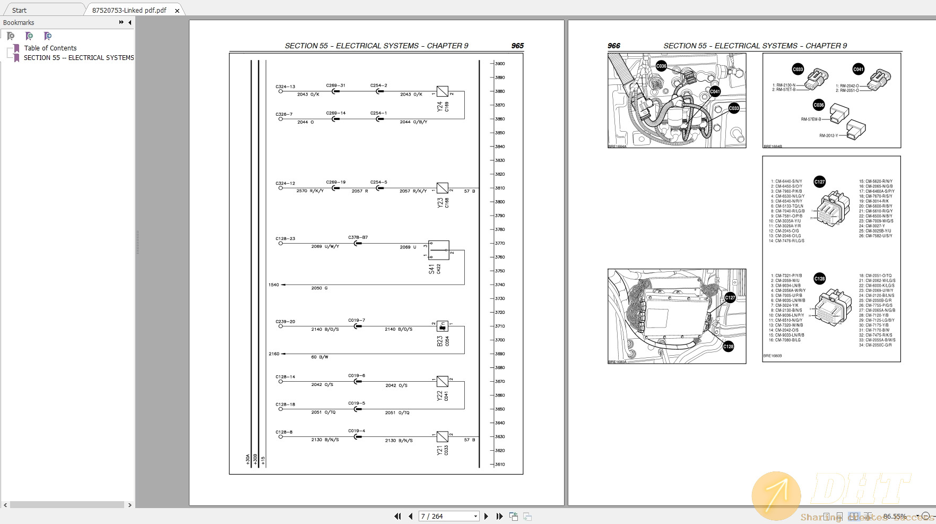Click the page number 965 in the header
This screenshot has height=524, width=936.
click(517, 46)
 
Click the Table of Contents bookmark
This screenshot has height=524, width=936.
click(50, 48)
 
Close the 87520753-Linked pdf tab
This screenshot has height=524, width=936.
click(177, 11)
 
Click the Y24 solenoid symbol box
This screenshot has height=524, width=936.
click(442, 91)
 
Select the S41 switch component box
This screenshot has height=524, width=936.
click(439, 250)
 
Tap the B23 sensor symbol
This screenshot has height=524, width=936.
click(442, 327)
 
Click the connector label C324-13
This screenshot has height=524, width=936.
click(285, 87)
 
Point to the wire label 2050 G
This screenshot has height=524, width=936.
click(319, 288)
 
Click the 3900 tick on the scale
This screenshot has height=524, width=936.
click(499, 64)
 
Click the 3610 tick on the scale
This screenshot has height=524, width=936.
click(499, 465)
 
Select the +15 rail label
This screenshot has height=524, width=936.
click(263, 460)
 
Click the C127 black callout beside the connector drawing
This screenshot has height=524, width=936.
click(819, 182)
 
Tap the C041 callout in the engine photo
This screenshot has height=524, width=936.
click(715, 91)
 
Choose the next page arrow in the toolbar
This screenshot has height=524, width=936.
click(486, 516)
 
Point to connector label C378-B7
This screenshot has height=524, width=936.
click(358, 237)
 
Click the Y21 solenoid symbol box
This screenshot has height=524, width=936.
click(442, 437)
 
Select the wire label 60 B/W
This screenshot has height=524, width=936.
click(319, 357)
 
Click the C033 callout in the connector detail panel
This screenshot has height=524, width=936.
click(798, 69)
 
